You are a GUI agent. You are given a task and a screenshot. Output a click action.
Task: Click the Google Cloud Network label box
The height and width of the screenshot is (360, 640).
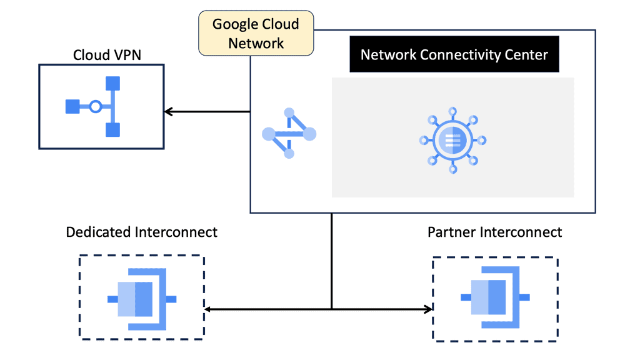[x=256, y=33]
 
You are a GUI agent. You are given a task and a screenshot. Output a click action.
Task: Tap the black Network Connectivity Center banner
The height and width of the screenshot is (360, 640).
[x=454, y=54]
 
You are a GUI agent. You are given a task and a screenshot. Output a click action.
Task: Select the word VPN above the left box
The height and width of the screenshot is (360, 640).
[x=127, y=55]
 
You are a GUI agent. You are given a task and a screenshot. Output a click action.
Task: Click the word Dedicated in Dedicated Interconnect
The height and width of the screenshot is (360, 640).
[x=99, y=232]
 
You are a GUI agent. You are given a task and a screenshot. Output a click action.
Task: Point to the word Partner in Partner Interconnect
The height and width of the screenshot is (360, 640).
[x=452, y=232]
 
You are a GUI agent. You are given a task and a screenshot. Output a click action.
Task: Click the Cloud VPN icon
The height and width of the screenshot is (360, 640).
[x=93, y=106]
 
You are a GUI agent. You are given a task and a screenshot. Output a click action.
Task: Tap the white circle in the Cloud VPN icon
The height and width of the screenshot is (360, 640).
[x=96, y=107]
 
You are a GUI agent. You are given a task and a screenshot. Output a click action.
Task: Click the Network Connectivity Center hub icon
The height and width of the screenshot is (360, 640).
[x=452, y=141]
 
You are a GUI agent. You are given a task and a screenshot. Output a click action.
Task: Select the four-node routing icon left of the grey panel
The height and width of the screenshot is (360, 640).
[x=289, y=134]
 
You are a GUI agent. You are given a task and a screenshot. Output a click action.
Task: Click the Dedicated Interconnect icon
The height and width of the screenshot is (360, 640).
[x=142, y=299]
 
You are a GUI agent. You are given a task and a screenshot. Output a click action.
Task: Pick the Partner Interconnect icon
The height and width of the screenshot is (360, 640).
[x=495, y=297]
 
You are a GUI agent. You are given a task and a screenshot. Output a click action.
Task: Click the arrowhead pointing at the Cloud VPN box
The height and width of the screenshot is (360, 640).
[x=168, y=111]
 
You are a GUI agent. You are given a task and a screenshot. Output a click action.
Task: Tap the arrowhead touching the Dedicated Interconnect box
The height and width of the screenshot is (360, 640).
[x=208, y=309]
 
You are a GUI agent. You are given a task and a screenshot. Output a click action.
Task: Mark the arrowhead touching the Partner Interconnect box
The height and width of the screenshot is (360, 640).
[x=429, y=309]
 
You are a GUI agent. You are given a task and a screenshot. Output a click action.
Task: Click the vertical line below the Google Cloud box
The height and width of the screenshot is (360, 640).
[x=332, y=261]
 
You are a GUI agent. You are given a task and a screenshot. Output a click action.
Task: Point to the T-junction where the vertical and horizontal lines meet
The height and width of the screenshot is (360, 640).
[x=332, y=309]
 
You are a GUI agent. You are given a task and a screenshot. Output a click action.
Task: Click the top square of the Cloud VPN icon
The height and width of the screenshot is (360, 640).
[x=112, y=83]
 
